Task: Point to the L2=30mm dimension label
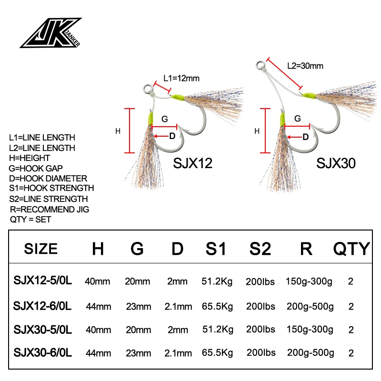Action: click(x=305, y=66)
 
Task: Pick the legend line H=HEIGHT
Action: click(x=30, y=158)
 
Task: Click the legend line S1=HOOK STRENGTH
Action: click(x=52, y=188)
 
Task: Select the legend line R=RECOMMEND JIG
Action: click(x=50, y=209)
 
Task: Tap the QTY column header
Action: click(x=351, y=248)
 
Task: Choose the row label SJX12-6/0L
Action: click(x=42, y=305)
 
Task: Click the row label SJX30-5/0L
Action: click(x=42, y=329)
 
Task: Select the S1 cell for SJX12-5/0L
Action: click(x=217, y=281)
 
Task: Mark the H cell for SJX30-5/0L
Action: click(x=98, y=329)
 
